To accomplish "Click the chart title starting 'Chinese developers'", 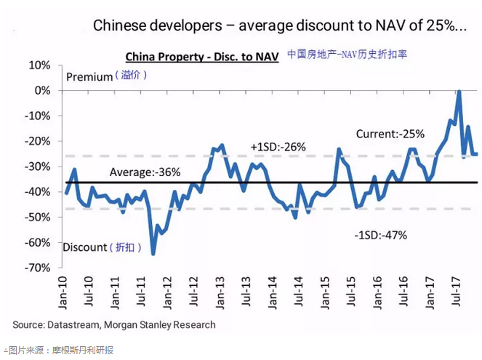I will [280, 26].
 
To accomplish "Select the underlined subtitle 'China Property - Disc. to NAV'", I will [202, 57].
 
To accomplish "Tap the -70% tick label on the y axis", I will [36, 268].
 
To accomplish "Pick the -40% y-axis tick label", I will [36, 192].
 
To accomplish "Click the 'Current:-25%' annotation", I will [390, 134].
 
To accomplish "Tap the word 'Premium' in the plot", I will [89, 76].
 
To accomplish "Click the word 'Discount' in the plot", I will [84, 247].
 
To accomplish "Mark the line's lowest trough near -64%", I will [153, 253].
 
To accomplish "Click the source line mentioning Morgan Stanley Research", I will [114, 324].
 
